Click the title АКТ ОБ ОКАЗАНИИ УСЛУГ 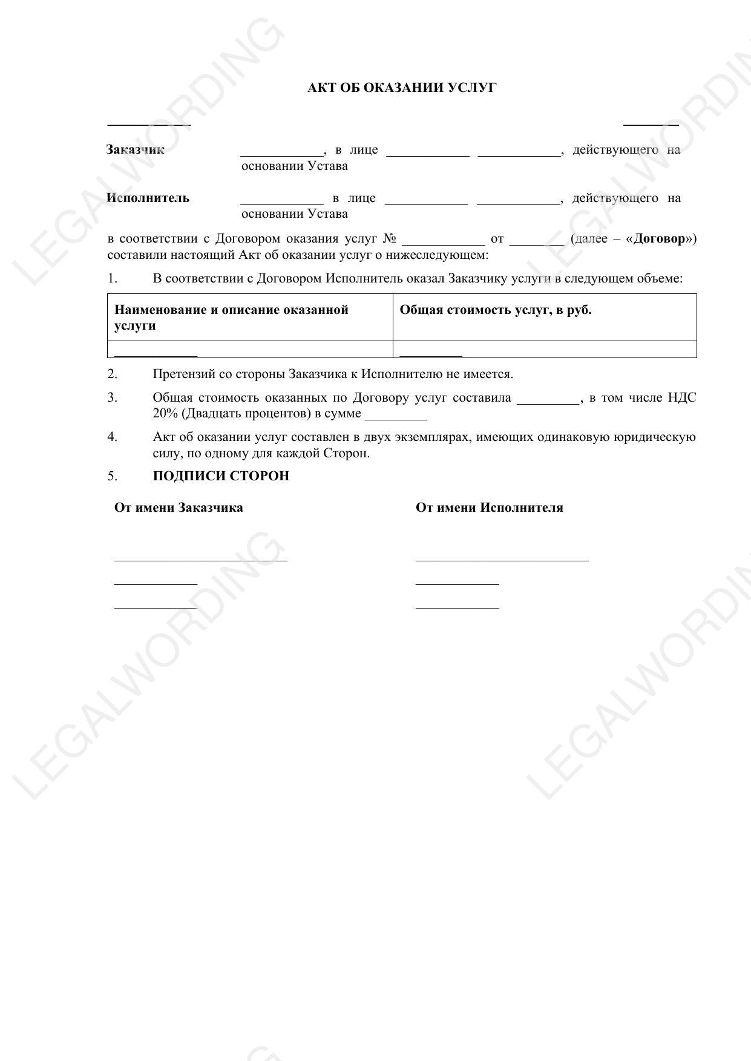click(x=402, y=88)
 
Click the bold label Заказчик click(x=135, y=149)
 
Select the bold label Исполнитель click(x=148, y=198)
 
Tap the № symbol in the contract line click(x=390, y=238)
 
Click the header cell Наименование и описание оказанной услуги click(x=231, y=318)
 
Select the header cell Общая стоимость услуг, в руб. click(x=495, y=310)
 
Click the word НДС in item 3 click(x=682, y=397)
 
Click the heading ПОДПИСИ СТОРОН click(x=221, y=476)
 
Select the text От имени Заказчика click(x=179, y=508)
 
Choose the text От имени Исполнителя click(x=489, y=508)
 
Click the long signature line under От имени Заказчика click(x=200, y=560)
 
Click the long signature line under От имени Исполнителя click(x=502, y=560)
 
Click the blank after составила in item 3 click(x=548, y=402)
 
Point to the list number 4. click(x=112, y=437)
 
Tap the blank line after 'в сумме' click(x=396, y=419)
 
